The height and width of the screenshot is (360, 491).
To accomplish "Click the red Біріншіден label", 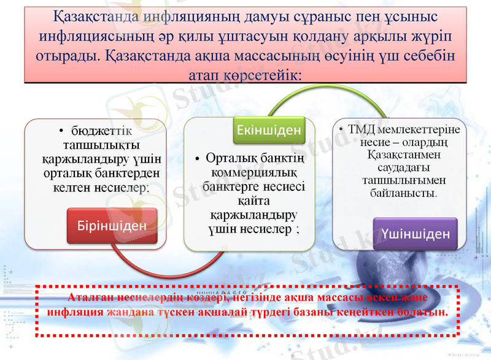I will (x=112, y=226).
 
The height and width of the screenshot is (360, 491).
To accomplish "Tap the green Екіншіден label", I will (x=269, y=130).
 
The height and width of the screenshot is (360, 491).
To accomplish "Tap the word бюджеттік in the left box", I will (x=101, y=131).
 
